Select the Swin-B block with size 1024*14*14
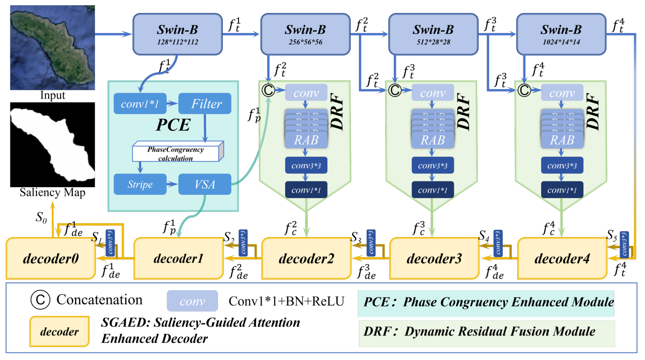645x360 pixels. pyautogui.click(x=561, y=34)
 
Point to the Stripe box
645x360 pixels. pyautogui.click(x=140, y=184)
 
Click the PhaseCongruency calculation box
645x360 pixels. pyautogui.click(x=176, y=153)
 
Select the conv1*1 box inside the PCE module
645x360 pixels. pyautogui.click(x=140, y=103)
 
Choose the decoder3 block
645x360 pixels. pyautogui.click(x=434, y=258)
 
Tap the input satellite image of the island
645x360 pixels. pyautogui.click(x=52, y=47)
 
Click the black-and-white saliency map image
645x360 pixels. pyautogui.click(x=52, y=145)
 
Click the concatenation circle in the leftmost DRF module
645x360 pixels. pyautogui.click(x=268, y=90)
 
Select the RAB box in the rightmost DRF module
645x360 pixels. pyautogui.click(x=562, y=140)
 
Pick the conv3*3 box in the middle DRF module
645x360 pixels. pyautogui.click(x=432, y=165)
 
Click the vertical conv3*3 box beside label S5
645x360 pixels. pyautogui.click(x=624, y=244)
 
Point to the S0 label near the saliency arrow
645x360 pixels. pyautogui.click(x=41, y=217)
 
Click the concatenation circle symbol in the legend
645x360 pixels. pyautogui.click(x=40, y=300)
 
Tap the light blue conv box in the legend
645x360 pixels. pyautogui.click(x=192, y=301)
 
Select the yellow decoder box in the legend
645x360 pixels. pyautogui.click(x=59, y=331)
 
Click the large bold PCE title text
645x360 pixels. pyautogui.click(x=173, y=125)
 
